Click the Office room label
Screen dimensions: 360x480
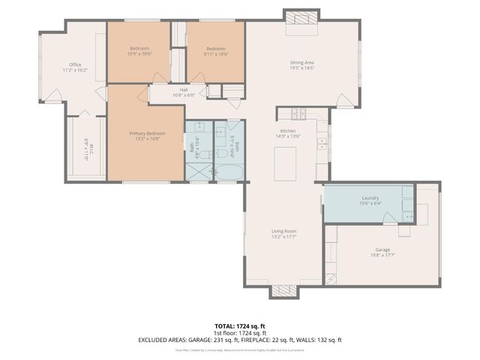75,65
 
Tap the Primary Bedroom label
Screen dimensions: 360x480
146,133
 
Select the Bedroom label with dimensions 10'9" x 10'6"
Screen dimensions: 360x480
139,49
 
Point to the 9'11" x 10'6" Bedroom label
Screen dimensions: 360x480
216,49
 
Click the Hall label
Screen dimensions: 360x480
184,91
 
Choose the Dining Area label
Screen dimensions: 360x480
301,63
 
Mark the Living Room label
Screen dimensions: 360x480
284,232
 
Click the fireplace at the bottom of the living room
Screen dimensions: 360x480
284,291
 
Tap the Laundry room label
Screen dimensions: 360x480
370,198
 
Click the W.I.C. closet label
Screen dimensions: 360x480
87,150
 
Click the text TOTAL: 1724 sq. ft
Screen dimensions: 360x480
240,326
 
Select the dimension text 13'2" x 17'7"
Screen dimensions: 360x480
284,237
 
